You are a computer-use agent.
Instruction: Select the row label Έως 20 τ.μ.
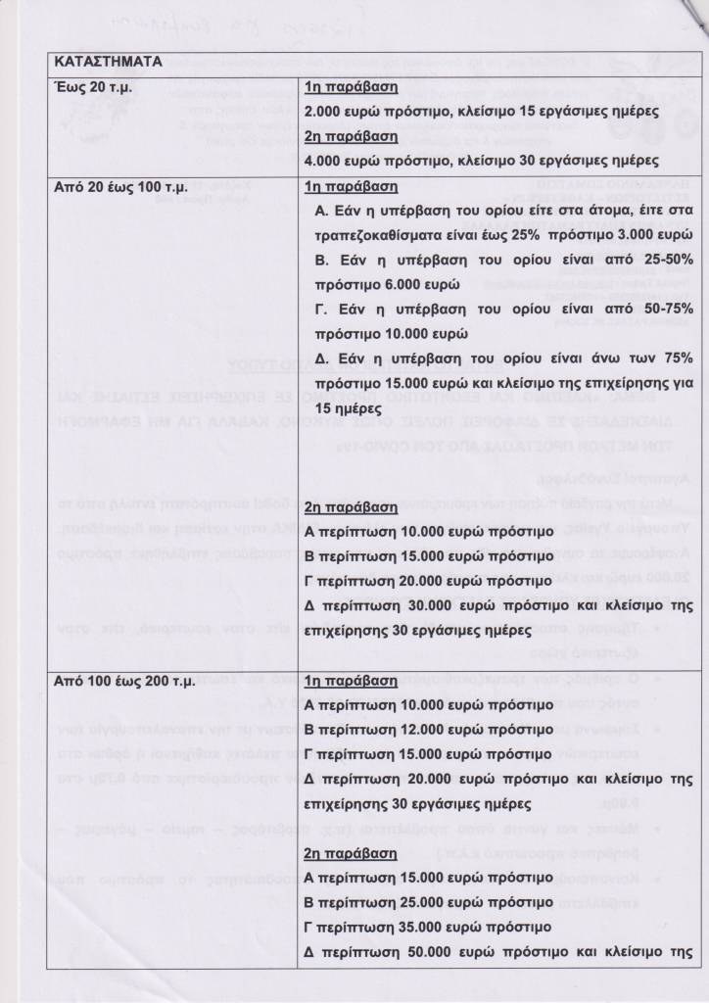point(96,87)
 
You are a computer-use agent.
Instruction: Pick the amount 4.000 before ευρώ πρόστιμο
point(325,161)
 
